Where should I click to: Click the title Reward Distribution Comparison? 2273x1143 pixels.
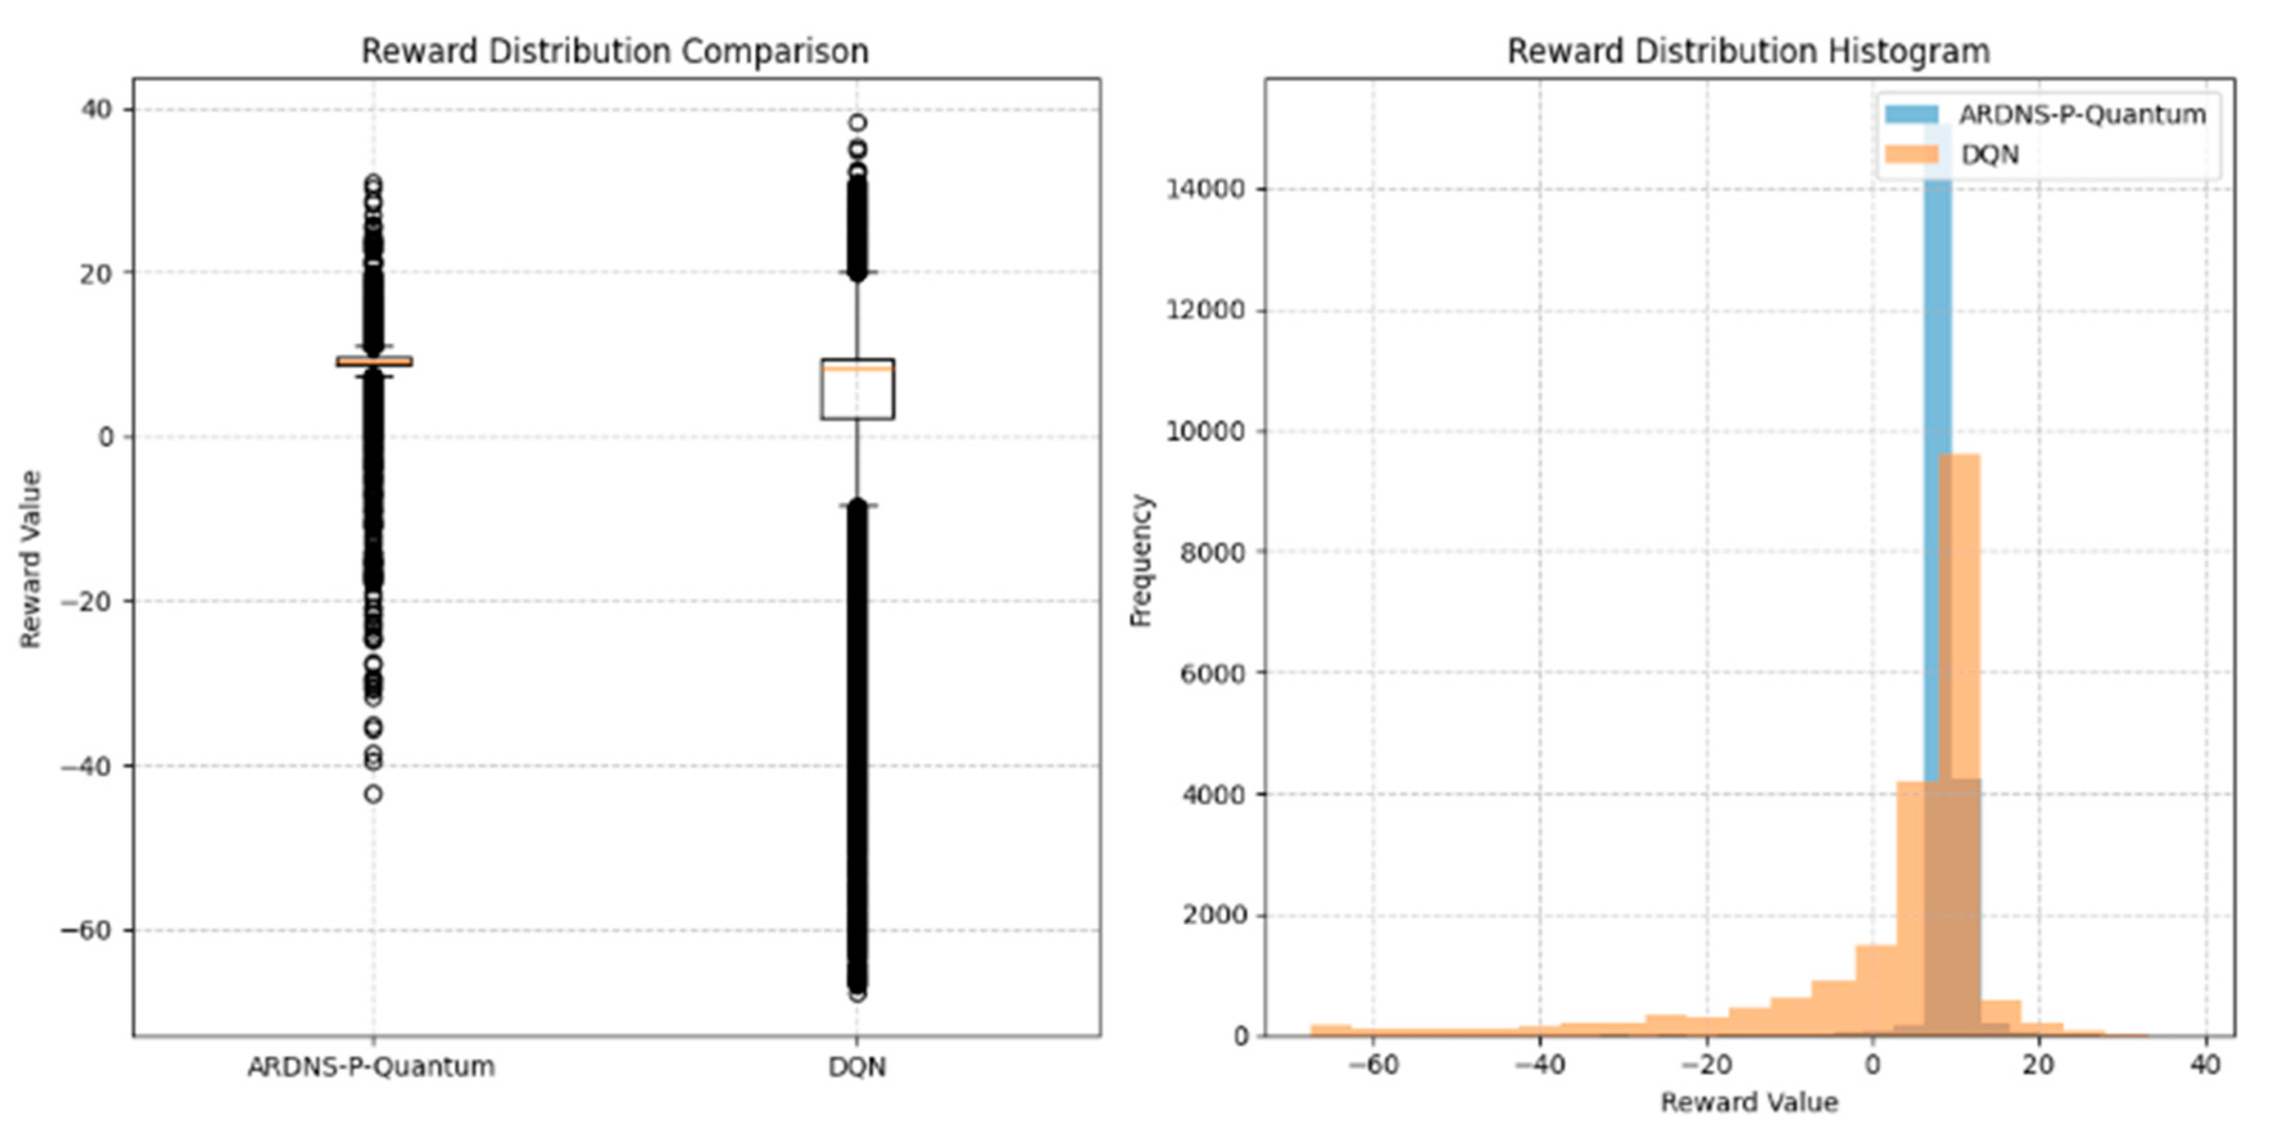615,51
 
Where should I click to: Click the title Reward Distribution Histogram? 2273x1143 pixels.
1748,51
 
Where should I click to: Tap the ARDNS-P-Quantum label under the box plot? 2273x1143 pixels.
371,1067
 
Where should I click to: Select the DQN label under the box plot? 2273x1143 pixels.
857,1067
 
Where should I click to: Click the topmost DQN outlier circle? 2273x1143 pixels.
857,123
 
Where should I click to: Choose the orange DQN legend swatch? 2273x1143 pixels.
1911,155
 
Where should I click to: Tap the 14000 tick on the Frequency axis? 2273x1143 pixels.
1207,189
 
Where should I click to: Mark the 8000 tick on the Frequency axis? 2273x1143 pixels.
1213,553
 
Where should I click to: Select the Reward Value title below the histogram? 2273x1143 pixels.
1749,1103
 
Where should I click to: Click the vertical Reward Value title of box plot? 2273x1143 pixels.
31,559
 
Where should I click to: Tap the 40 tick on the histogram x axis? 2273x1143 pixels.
2205,1065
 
